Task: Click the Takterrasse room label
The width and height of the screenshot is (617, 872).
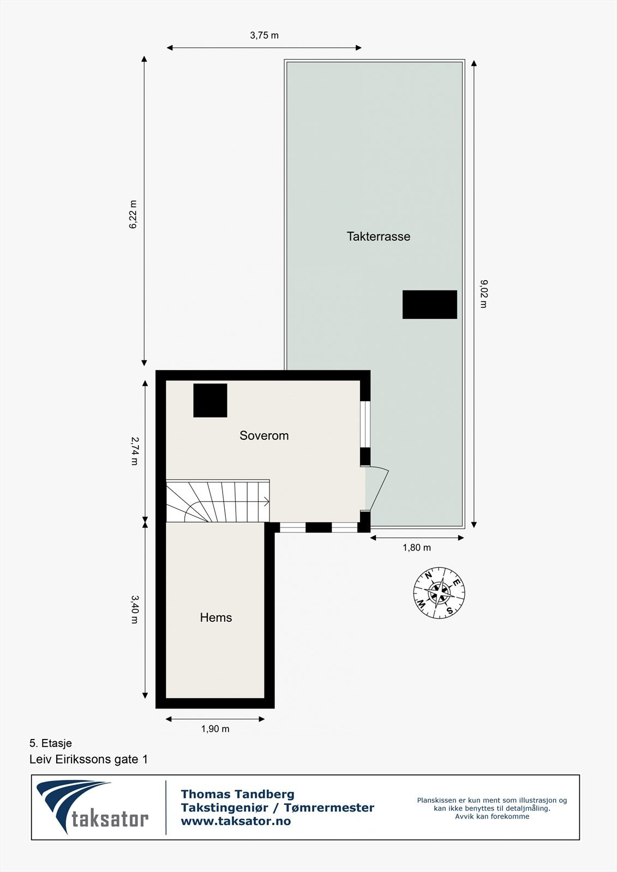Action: pyautogui.click(x=378, y=237)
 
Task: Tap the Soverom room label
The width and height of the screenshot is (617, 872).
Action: pyautogui.click(x=264, y=435)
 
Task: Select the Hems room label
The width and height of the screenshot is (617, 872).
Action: pyautogui.click(x=216, y=617)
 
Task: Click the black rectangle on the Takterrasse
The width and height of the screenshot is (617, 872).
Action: pyautogui.click(x=429, y=305)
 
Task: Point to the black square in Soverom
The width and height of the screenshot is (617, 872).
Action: pyautogui.click(x=210, y=401)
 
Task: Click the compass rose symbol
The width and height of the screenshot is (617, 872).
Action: pyautogui.click(x=439, y=593)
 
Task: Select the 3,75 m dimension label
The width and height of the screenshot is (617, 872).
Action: pyautogui.click(x=264, y=35)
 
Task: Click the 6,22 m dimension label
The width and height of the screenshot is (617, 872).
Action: pyautogui.click(x=133, y=215)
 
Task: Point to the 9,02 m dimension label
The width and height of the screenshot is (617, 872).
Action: pyautogui.click(x=483, y=294)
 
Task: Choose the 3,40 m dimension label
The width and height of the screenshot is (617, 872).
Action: pyautogui.click(x=134, y=609)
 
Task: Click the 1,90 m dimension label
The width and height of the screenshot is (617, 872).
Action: pyautogui.click(x=215, y=729)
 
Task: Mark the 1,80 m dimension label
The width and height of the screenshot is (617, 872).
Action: pyautogui.click(x=417, y=548)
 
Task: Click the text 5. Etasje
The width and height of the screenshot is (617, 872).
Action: pyautogui.click(x=51, y=743)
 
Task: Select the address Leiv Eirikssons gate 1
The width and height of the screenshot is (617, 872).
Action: pyautogui.click(x=88, y=759)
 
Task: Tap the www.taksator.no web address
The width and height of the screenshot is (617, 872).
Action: pyautogui.click(x=236, y=821)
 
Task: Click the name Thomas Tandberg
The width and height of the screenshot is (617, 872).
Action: pyautogui.click(x=237, y=795)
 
